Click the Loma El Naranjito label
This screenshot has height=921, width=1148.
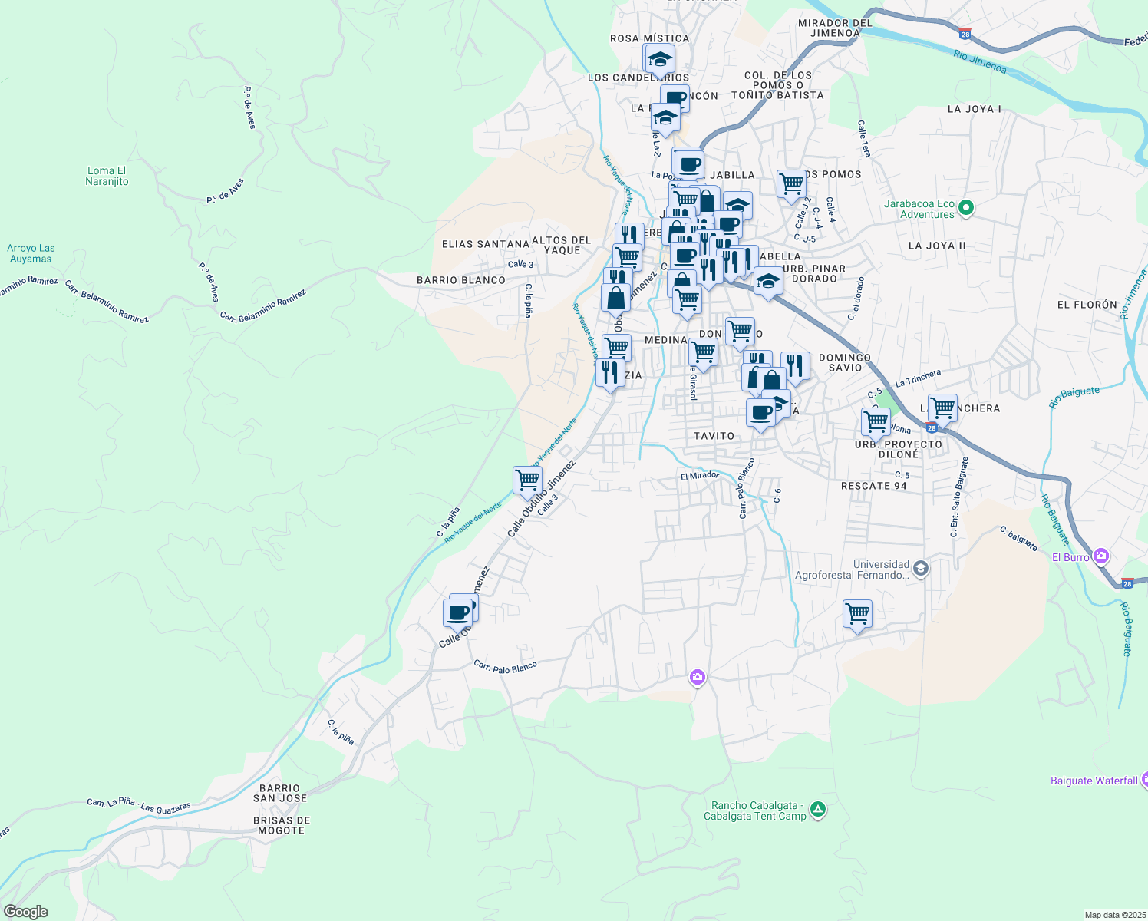point(107,177)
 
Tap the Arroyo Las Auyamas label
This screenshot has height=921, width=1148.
point(31,253)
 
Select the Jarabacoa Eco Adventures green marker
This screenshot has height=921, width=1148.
point(966,208)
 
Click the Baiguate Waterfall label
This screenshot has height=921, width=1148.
point(1094,781)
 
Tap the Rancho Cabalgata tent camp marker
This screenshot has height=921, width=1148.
point(818,809)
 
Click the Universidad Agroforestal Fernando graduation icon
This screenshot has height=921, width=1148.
point(921,569)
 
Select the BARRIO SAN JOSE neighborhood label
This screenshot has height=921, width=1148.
point(280,794)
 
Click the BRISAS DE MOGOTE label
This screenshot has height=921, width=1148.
point(281,825)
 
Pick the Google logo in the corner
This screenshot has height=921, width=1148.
point(25,912)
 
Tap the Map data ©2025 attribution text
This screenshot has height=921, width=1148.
point(1114,915)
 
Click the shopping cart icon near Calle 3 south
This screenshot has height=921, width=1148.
point(527,480)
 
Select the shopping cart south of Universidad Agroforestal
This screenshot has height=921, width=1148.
point(857,613)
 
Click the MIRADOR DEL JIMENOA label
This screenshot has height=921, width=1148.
point(834,28)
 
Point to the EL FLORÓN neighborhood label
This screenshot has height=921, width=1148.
point(1087,305)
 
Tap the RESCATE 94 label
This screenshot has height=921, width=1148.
point(873,486)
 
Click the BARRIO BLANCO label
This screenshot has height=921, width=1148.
point(461,280)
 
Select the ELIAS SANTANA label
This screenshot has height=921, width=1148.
point(485,244)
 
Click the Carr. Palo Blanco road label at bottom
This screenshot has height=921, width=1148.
point(505,667)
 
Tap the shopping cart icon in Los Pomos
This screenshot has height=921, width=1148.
point(791,184)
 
